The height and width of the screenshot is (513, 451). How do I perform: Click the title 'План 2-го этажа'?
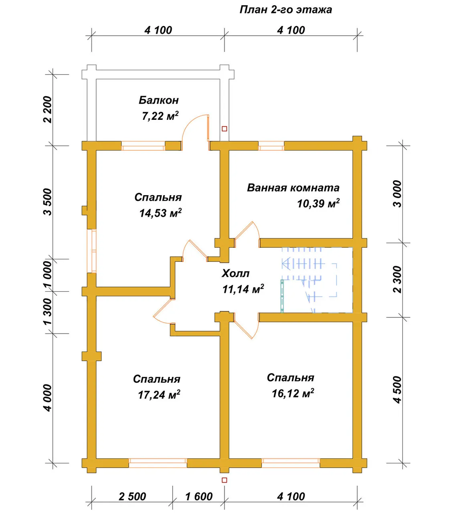[x=286, y=10]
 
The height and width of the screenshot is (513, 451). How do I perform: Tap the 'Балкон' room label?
[x=158, y=100]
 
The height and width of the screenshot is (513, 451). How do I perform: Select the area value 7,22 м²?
[x=160, y=116]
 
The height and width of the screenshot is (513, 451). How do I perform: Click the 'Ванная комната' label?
[x=293, y=188]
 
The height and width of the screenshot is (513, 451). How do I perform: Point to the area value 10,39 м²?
[x=318, y=203]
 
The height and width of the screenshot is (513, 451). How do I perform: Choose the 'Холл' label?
[x=235, y=273]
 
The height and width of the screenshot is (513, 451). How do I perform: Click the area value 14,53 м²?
[x=160, y=213]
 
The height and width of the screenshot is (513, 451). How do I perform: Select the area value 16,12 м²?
[x=293, y=393]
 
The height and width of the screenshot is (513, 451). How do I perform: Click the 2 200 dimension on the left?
[x=47, y=109]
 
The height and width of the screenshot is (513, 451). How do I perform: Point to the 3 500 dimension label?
[x=47, y=202]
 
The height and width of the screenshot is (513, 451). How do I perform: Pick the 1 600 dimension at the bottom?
[x=199, y=497]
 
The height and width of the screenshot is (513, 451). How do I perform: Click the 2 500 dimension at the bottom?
[x=132, y=497]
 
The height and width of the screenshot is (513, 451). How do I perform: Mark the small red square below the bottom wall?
[x=224, y=480]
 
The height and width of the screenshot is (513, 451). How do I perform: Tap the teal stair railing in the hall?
[x=282, y=296]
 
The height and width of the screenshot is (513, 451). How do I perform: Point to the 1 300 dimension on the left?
[x=47, y=311]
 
